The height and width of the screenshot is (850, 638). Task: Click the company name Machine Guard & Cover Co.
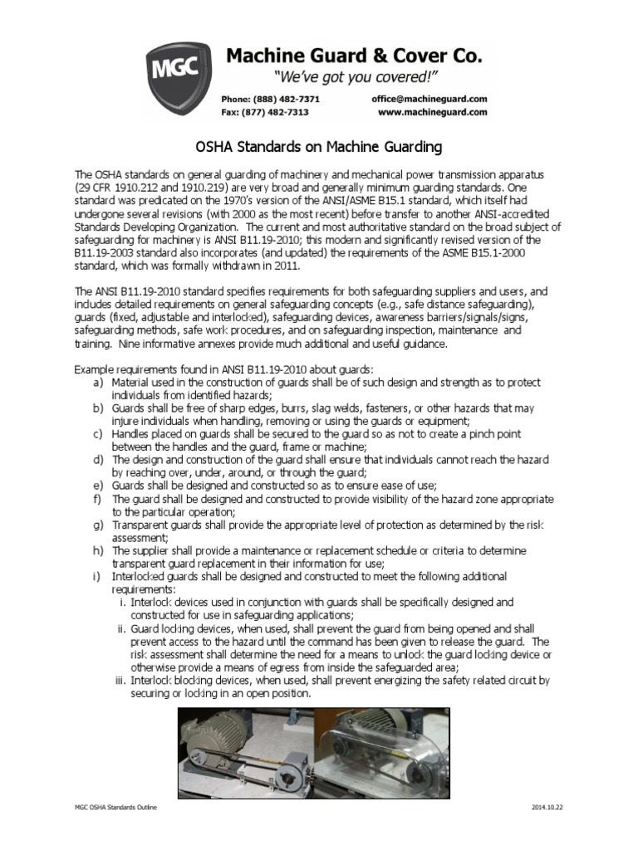point(354,56)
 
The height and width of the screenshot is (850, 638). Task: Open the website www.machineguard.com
point(432,112)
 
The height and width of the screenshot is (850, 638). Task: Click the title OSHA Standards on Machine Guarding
point(318,148)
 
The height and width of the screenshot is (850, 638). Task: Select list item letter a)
point(97,383)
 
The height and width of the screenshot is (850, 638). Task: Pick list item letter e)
point(97,485)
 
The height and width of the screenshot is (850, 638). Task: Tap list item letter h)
point(97,550)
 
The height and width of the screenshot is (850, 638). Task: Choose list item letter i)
point(97,576)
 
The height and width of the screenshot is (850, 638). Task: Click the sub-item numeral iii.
point(119,680)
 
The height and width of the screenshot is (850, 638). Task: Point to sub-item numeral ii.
point(120,628)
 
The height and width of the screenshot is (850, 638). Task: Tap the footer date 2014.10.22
point(547,808)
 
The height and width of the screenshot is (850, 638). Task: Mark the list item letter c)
point(97,433)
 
